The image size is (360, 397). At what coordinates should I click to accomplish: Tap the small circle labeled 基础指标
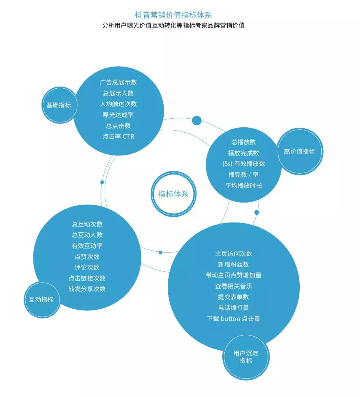(59, 105)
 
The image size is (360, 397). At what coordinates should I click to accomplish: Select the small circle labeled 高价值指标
(299, 151)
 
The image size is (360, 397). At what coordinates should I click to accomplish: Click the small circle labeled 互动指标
(41, 300)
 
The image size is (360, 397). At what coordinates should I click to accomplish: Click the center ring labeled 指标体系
(173, 194)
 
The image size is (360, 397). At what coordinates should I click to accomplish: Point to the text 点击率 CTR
(118, 137)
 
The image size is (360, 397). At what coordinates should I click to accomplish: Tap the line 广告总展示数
(118, 82)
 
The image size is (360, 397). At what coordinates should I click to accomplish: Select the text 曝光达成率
(118, 115)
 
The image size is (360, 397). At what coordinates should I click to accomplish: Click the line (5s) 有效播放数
(244, 164)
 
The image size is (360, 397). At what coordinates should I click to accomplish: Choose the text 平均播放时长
(244, 185)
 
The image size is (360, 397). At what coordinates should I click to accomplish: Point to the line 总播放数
(244, 142)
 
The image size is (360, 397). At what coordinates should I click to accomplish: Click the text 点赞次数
(87, 257)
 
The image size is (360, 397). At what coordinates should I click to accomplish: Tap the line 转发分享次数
(87, 289)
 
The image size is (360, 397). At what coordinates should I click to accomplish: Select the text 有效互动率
(87, 246)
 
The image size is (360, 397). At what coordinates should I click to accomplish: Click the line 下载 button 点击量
(233, 318)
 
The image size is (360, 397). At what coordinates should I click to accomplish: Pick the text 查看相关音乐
(233, 286)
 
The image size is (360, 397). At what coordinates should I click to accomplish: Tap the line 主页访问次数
(233, 253)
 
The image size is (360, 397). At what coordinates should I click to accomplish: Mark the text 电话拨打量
(233, 308)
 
